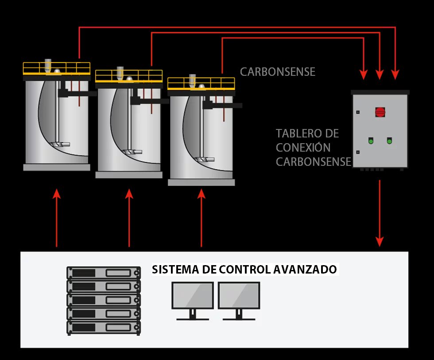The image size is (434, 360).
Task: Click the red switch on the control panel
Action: point(380,111)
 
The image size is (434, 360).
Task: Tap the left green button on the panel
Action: point(370,141)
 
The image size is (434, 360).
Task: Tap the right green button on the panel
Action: point(389,141)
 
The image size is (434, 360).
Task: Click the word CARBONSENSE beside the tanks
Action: point(278,72)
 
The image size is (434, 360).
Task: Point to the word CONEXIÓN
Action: point(303,147)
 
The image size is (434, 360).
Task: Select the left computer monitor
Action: point(193,296)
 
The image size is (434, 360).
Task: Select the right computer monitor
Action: point(239,296)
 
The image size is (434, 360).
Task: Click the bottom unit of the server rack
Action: point(103,328)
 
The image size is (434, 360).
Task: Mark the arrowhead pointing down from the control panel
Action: point(380,241)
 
